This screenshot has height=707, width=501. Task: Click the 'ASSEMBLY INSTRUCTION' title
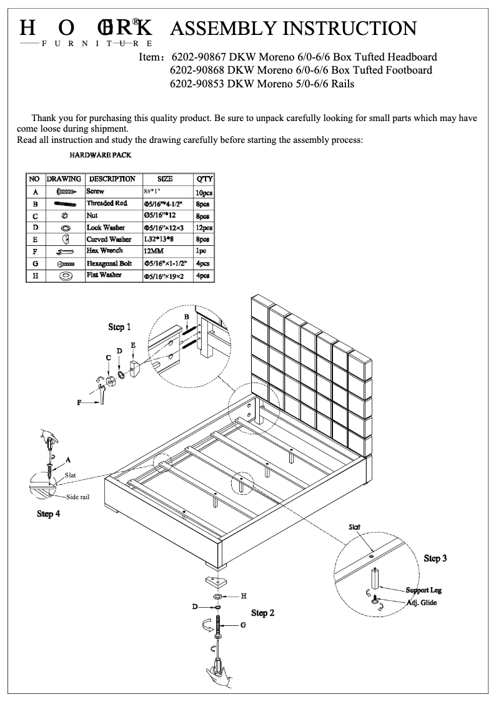(293, 28)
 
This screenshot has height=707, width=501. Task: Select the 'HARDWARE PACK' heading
(100, 155)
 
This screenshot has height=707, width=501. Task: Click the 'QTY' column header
(204, 179)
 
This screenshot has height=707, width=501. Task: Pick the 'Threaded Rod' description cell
(107, 203)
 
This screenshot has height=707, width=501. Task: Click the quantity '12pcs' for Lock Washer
(204, 228)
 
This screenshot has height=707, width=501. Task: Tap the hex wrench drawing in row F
(65, 251)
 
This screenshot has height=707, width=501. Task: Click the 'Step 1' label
(120, 327)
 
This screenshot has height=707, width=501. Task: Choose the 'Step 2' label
(263, 613)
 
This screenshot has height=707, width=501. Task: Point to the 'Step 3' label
(435, 558)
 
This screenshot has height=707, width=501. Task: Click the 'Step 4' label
(49, 514)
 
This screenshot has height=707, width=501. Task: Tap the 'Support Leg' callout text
(424, 590)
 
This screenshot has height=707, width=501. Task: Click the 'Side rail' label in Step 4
(78, 497)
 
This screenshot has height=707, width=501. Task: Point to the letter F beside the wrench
(79, 403)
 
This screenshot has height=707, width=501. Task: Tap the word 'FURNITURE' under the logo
(96, 44)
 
